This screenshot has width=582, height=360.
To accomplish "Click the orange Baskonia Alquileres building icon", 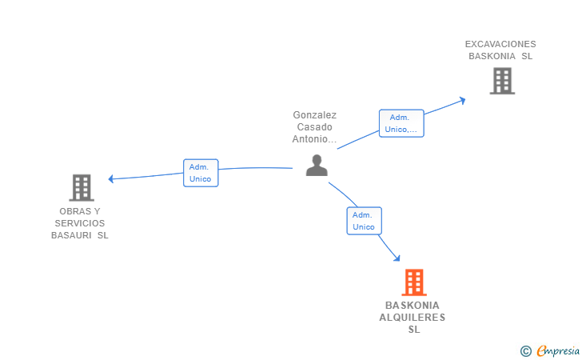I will coord(413,282).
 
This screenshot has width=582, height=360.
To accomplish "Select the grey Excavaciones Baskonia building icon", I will coord(501,81).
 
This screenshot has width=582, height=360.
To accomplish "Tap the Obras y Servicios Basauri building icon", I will coord(82,187).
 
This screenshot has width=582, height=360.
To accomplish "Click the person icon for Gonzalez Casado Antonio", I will coord(317,166).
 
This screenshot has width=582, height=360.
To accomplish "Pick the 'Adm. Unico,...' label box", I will coord(401,123).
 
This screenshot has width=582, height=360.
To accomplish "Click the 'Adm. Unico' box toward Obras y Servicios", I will coord(200,173).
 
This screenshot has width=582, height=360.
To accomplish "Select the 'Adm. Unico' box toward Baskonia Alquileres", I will coord(364,221).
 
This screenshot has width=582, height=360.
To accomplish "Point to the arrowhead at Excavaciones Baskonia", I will coord(461,100).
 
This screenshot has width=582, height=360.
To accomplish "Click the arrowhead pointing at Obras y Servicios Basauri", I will coord(112,178).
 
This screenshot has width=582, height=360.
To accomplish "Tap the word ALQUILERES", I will coord(413,318).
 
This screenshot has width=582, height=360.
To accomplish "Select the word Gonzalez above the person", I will coord(314,114).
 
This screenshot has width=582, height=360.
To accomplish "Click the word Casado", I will coord(314,126).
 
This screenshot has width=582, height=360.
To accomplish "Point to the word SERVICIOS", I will coord(79,223).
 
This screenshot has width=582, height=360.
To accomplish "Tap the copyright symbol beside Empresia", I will coord(525,350).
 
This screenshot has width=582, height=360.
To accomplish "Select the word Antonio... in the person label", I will coord(314,139).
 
